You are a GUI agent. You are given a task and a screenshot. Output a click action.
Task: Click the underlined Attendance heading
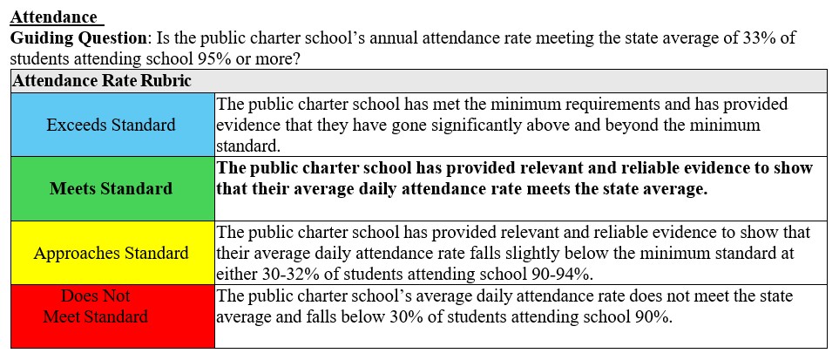54,17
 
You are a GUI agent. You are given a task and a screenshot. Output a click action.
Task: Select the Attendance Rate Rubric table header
101,81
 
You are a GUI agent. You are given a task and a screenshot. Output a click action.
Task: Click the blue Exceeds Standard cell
111,125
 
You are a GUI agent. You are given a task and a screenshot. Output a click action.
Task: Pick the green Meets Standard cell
111,188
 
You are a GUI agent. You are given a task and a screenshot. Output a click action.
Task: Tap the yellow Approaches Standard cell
111,253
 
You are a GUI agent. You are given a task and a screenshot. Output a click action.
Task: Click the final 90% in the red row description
653,316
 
